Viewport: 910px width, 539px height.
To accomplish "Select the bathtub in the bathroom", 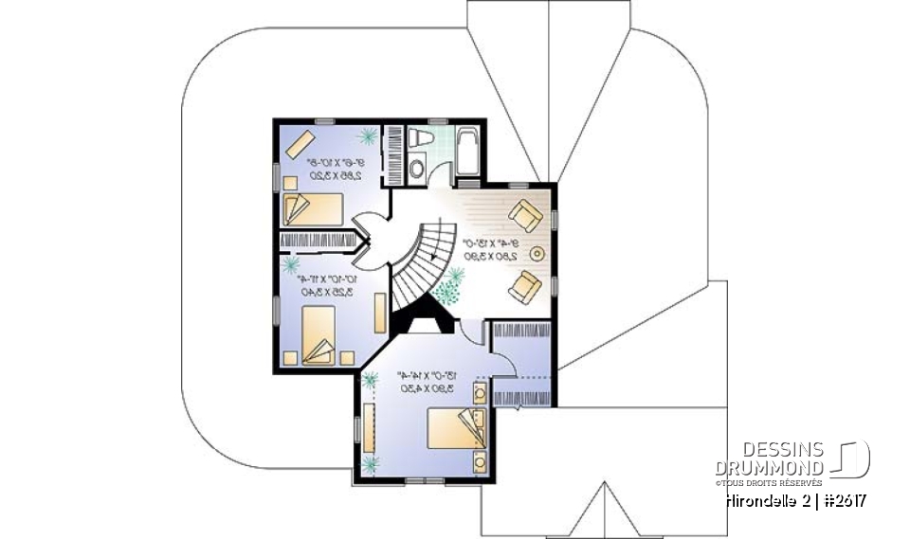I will tap(467, 153).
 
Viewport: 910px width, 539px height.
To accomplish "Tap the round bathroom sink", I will tap(417, 170).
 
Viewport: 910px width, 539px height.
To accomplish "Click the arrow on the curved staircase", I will tap(435, 255).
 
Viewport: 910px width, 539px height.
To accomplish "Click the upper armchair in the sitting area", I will tap(525, 216).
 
